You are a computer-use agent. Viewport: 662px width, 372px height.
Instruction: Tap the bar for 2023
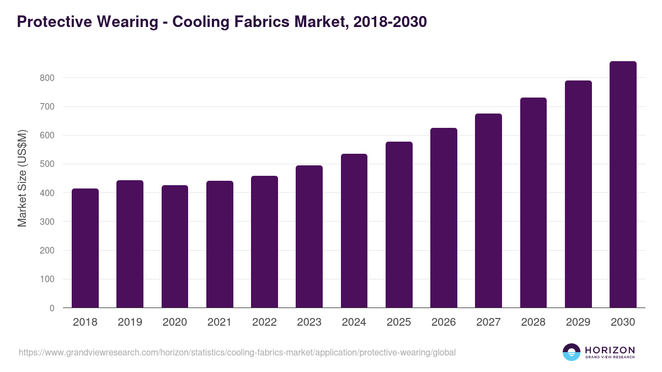309,236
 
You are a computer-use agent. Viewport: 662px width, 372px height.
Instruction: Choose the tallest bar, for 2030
623,185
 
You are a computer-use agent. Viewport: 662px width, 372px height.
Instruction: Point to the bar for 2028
533,203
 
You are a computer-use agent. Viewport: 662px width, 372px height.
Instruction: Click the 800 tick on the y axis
47,78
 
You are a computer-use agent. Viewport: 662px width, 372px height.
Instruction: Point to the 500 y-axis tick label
47,164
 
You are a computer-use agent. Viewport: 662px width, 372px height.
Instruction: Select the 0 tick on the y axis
52,308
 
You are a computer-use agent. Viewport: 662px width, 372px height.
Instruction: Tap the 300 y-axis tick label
47,222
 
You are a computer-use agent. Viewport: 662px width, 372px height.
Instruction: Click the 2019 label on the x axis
130,322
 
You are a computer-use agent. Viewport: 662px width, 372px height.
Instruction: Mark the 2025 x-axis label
399,322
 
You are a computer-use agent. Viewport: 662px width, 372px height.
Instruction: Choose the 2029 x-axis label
578,322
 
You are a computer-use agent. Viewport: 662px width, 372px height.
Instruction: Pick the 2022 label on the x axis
264,322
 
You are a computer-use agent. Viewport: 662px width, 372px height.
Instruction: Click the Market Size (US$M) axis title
22,178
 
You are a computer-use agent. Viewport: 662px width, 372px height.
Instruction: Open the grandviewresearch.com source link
237,352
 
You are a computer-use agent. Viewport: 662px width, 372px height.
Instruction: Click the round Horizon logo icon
572,352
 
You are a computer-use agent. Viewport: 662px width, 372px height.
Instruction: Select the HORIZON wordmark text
610,350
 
